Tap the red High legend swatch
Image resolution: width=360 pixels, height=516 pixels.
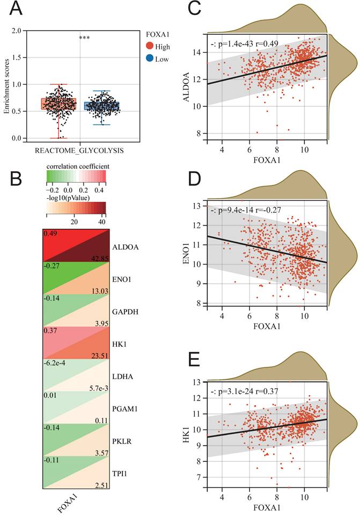[151, 47]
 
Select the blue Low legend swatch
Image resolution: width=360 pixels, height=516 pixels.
[151, 59]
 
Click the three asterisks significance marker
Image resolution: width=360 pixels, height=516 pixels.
[84, 38]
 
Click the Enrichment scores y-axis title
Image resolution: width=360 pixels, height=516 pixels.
[7, 84]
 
